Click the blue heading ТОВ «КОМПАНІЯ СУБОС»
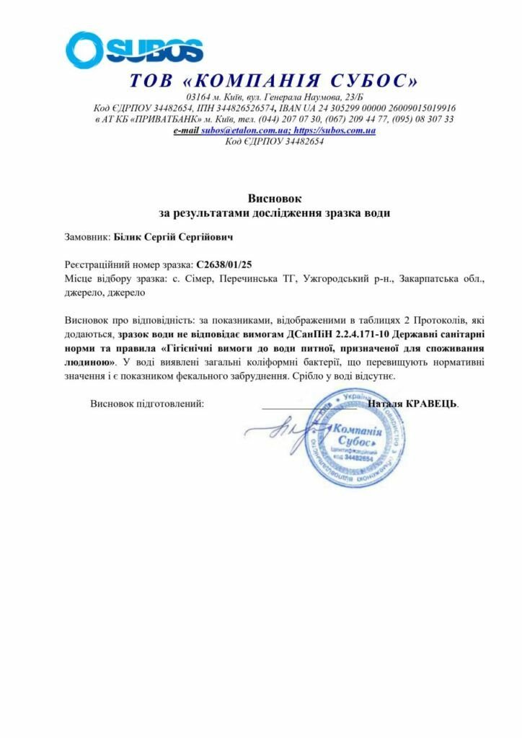(274, 81)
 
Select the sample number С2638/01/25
(223, 264)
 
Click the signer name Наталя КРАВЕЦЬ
(412, 404)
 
